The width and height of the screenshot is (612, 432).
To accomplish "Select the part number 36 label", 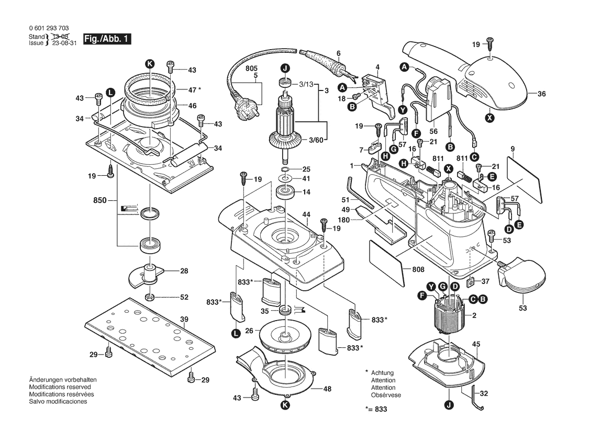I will point(541,94).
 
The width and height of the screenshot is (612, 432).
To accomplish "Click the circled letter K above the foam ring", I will point(150,64).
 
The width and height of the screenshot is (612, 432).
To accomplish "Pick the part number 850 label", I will point(99,200).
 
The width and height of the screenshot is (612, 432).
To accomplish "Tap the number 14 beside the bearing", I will point(306,192).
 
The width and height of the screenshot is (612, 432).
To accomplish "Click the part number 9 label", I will point(513,149).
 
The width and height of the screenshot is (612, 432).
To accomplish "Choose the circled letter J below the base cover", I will point(449,404).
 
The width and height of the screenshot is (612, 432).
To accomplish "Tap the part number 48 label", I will point(328,389).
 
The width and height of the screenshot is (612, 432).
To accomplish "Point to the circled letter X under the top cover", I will point(490,118).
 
